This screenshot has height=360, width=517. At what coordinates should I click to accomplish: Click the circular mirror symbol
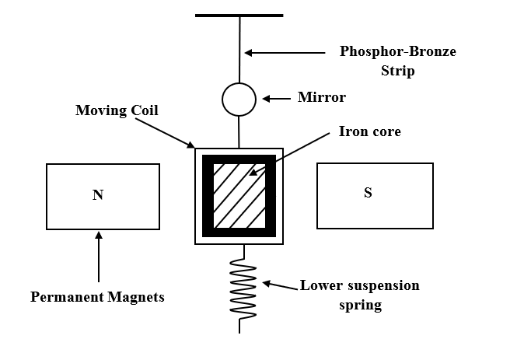(x=239, y=99)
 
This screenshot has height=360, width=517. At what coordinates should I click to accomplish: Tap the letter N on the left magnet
(x=98, y=195)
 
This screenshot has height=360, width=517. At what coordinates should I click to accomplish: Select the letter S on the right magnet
(x=368, y=193)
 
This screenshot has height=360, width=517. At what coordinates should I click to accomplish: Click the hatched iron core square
(x=239, y=195)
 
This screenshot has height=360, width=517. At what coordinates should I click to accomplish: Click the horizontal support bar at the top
(x=239, y=14)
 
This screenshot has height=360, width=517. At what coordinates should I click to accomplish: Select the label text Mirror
(x=322, y=98)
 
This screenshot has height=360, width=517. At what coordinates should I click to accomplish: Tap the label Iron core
(x=370, y=131)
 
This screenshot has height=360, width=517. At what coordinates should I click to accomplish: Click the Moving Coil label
(x=117, y=110)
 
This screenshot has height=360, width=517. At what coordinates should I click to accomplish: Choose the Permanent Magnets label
(x=97, y=297)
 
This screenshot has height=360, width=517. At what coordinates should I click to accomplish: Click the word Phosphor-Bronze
(x=398, y=52)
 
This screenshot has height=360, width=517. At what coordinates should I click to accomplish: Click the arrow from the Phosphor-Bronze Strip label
(x=284, y=53)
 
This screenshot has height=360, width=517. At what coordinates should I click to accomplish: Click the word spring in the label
(x=361, y=304)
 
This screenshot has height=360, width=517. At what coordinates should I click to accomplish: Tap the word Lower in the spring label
(x=321, y=285)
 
